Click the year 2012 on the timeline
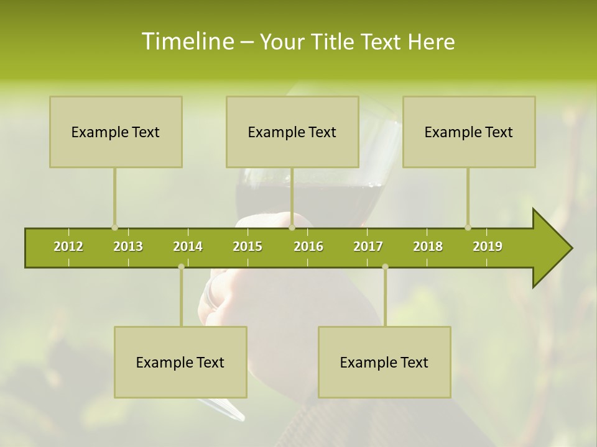click(x=68, y=246)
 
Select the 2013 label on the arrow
click(x=128, y=246)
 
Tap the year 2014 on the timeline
click(x=188, y=246)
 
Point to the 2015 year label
click(x=248, y=246)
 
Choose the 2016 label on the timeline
click(x=308, y=246)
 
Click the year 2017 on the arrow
click(x=368, y=246)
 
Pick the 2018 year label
click(x=428, y=246)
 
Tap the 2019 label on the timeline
click(x=488, y=246)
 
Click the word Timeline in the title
click(x=187, y=42)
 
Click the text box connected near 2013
click(x=116, y=132)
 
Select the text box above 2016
click(x=292, y=132)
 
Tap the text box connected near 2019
click(x=469, y=132)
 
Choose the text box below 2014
click(x=180, y=362)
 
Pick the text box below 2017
click(x=384, y=362)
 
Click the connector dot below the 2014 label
click(x=181, y=267)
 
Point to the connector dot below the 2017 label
click(x=385, y=267)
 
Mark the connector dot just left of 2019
click(x=468, y=227)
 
